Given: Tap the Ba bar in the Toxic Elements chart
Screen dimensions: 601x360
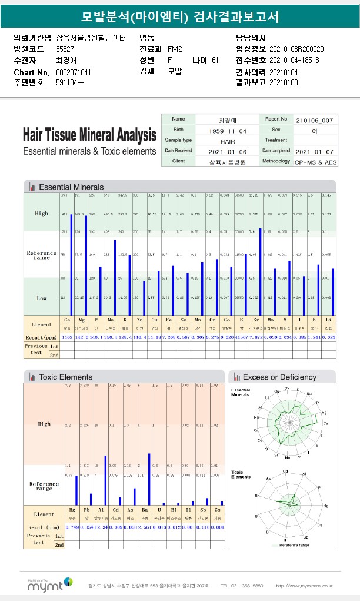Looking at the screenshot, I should pos(149,479).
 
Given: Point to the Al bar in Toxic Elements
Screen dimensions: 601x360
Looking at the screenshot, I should pos(105,480).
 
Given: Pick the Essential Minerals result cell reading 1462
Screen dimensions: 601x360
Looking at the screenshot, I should pos(66,337).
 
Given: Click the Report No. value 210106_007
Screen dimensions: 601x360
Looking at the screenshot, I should pos(315,119).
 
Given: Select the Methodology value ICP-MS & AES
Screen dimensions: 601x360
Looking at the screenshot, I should pos(315,161).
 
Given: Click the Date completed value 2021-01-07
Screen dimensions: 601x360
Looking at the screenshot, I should pos(315,151).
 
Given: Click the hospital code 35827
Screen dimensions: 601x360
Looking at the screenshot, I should pos(65,49).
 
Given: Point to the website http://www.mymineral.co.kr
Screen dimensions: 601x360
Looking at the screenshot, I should pos(304,586).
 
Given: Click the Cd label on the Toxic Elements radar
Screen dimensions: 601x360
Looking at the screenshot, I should pos(285,471).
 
